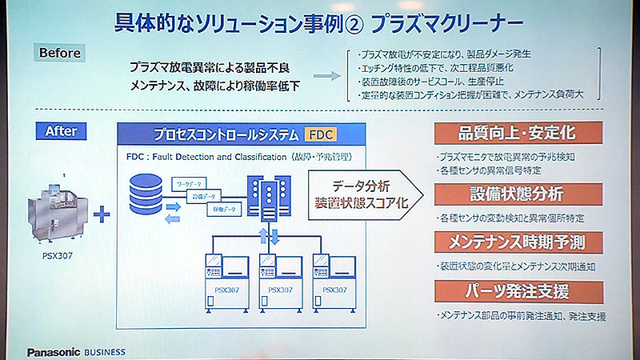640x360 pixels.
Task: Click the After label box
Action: click(x=63, y=130)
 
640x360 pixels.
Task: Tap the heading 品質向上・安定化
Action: click(x=518, y=131)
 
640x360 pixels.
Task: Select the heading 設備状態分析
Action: click(x=518, y=194)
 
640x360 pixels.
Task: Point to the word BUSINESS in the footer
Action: click(x=119, y=352)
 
